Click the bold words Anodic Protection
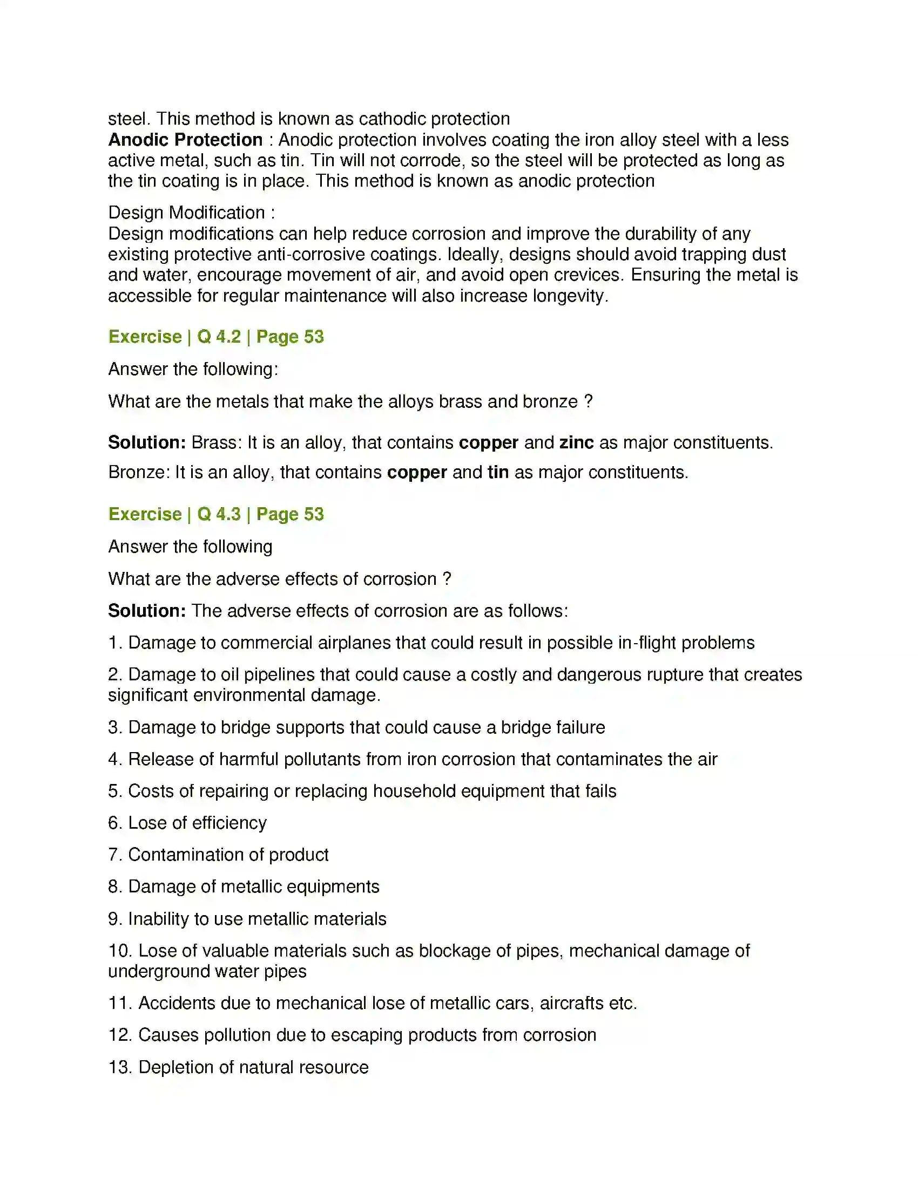tap(185, 140)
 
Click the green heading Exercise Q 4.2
tap(216, 337)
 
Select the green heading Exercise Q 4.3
tap(216, 514)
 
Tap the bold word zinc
tap(576, 442)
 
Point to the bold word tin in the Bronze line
tap(498, 472)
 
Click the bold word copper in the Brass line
tap(488, 443)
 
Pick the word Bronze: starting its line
tap(139, 472)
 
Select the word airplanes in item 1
tap(354, 643)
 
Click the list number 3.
tap(114, 728)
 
